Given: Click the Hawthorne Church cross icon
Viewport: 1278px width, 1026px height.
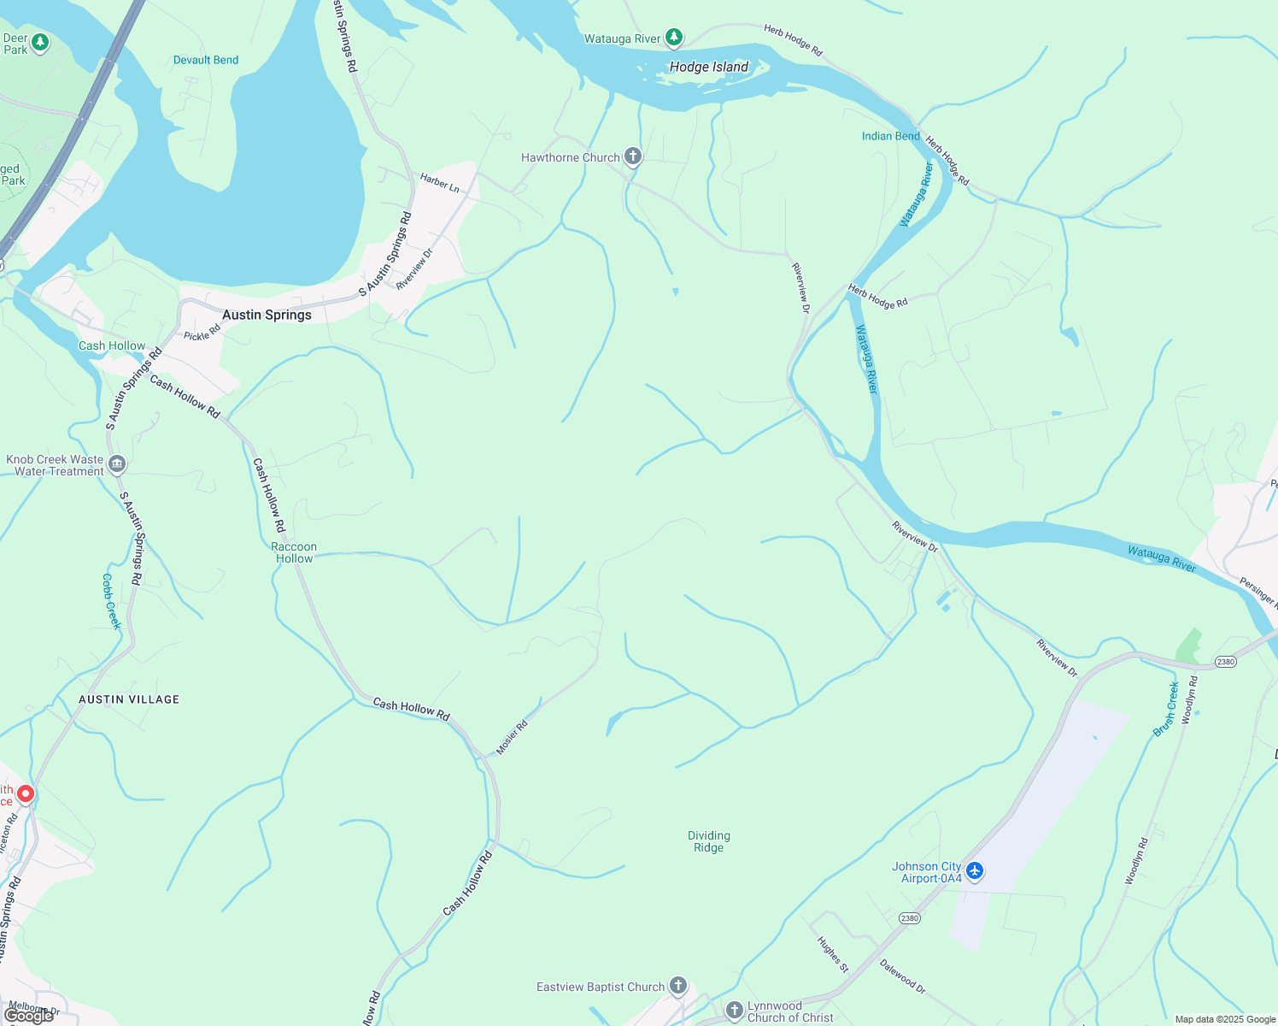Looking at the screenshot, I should pos(632,156).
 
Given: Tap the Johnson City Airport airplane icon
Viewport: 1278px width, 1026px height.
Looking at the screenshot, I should pos(975,871).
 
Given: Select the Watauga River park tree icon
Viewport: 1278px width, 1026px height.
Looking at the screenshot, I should pos(674,38).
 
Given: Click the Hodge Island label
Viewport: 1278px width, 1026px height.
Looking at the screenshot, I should pos(708,67).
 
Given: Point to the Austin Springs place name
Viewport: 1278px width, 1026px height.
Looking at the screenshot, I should pos(267,315).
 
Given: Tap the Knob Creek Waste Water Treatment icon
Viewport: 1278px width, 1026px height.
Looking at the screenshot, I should pos(117,464).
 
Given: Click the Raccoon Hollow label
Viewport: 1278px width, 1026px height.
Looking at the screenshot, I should pos(294,552).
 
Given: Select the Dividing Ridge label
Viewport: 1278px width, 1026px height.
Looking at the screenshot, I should pos(708,841).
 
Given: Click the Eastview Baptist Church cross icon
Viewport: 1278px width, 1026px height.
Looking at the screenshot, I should pos(677,987).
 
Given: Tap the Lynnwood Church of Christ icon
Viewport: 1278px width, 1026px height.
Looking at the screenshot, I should pos(734,1011).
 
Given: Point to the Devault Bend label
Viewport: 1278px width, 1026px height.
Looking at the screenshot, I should pos(206,60).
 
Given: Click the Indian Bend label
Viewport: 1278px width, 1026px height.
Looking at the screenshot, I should pos(890,136).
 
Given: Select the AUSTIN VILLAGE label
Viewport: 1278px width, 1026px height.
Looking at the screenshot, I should pos(129,699).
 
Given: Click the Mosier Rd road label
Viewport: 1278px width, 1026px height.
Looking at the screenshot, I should pos(513,737).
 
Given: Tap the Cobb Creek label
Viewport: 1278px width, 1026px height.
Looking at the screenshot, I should pos(111,601).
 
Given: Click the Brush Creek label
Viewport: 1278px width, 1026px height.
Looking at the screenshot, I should pos(1166,709).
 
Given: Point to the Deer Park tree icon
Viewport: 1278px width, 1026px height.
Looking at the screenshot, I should pos(39,43).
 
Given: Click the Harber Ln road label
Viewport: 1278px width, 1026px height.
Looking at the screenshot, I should pos(439,182).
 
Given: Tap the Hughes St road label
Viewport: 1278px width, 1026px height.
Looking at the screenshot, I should pos(833,954).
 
